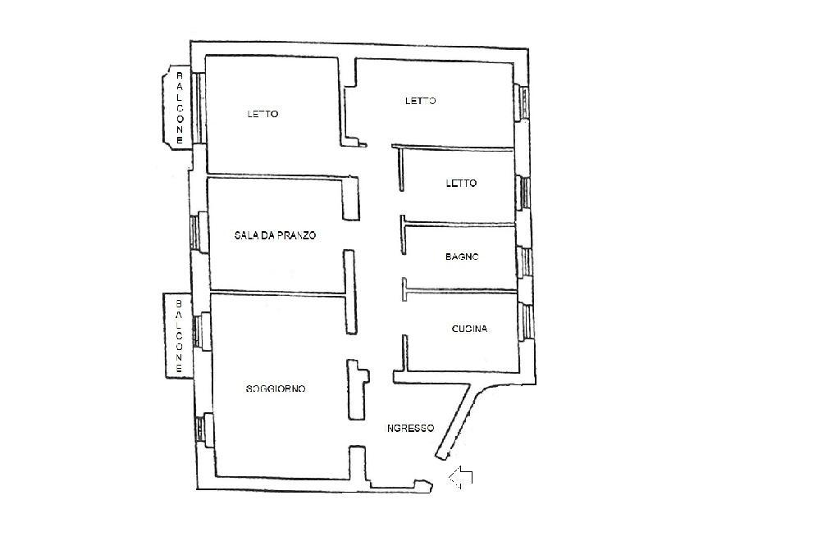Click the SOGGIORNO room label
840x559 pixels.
[276, 389]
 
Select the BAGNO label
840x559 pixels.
[462, 257]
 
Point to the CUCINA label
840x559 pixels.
[469, 329]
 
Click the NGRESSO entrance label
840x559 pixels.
[410, 428]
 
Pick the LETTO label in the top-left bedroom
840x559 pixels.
[262, 114]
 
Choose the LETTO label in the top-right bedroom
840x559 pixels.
[420, 101]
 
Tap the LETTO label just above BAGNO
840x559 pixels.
[461, 184]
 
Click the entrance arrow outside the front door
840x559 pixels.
[461, 476]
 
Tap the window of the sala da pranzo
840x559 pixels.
[195, 232]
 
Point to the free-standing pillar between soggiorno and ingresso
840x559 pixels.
[356, 390]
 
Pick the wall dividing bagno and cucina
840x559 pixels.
[459, 289]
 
